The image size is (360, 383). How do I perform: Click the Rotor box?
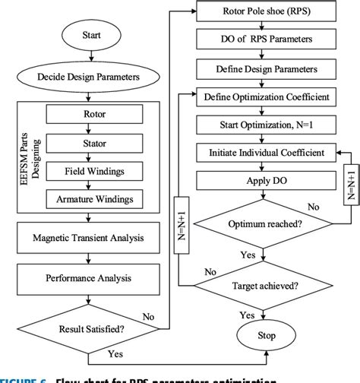point(100,115)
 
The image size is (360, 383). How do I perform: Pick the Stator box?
point(100,142)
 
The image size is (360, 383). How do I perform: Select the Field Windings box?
point(100,171)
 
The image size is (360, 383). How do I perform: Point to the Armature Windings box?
point(100,199)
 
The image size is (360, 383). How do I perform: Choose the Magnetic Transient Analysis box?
point(92,239)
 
